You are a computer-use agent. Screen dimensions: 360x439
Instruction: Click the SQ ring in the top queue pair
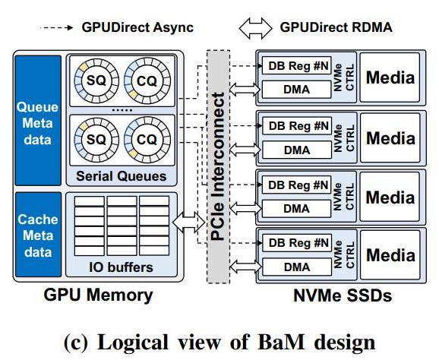click(96, 80)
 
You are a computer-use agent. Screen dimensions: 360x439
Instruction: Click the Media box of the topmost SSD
click(391, 78)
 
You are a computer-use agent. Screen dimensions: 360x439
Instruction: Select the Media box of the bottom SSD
click(391, 255)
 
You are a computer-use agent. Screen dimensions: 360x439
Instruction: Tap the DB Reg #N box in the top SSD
click(298, 65)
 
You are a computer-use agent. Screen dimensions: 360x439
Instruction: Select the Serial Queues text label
click(122, 176)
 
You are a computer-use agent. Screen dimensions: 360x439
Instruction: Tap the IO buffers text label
click(122, 267)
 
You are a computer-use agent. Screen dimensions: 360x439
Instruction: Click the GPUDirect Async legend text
click(137, 27)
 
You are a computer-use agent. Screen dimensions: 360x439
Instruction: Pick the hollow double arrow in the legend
click(256, 27)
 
